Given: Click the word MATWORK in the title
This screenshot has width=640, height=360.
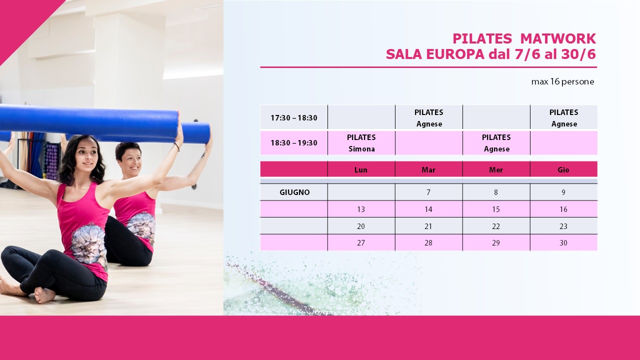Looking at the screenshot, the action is click(x=558, y=38).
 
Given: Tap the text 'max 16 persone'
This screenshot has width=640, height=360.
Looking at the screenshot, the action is click(x=562, y=81).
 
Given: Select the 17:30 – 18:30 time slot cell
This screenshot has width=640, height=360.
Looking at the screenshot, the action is click(x=293, y=117).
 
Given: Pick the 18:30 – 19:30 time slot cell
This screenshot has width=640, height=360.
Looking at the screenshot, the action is click(x=293, y=142).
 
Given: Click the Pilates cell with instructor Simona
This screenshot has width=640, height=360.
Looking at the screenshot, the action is click(x=361, y=143).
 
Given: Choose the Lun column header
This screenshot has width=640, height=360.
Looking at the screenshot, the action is click(x=361, y=169).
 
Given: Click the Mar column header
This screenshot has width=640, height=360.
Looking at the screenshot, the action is click(x=428, y=169).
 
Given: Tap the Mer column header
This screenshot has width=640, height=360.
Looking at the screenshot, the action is click(x=496, y=169).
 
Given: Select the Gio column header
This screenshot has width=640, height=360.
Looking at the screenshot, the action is click(x=563, y=169).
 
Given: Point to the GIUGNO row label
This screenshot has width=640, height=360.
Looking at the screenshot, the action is click(x=294, y=192).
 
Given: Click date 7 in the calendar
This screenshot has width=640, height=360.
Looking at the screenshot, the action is click(x=428, y=192).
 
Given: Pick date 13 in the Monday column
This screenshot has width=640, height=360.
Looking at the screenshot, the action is click(x=361, y=209).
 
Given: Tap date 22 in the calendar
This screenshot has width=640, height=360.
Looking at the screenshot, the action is click(x=495, y=226).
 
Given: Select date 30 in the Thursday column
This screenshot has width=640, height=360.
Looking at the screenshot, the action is click(x=563, y=243).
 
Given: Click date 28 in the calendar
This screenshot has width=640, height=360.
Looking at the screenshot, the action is click(x=428, y=243).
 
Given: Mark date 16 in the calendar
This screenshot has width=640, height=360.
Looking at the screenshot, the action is click(x=563, y=209).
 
